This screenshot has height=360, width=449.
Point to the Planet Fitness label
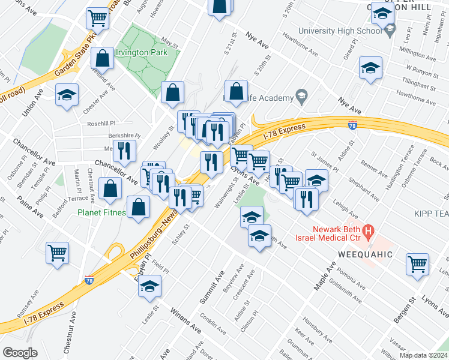[101, 212]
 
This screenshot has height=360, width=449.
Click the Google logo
[20, 353]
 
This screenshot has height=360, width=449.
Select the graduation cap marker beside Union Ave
[67, 94]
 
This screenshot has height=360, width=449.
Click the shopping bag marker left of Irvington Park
[103, 58]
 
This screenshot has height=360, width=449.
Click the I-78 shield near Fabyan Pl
[89, 280]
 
